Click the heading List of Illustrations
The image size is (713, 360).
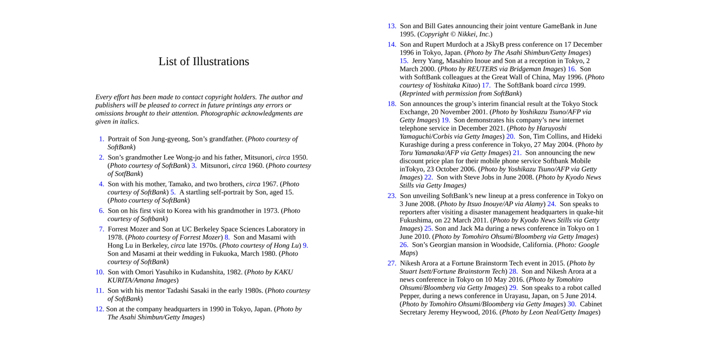tap(203, 62)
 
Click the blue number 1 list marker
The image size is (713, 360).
tap(101, 139)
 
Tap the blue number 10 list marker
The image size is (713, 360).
tap(100, 272)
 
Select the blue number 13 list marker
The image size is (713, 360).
tap(392, 26)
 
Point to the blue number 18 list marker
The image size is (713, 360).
tap(392, 104)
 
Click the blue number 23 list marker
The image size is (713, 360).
tap(392, 196)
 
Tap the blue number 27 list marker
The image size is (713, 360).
tap(392, 263)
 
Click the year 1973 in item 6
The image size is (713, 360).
tap(270, 211)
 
